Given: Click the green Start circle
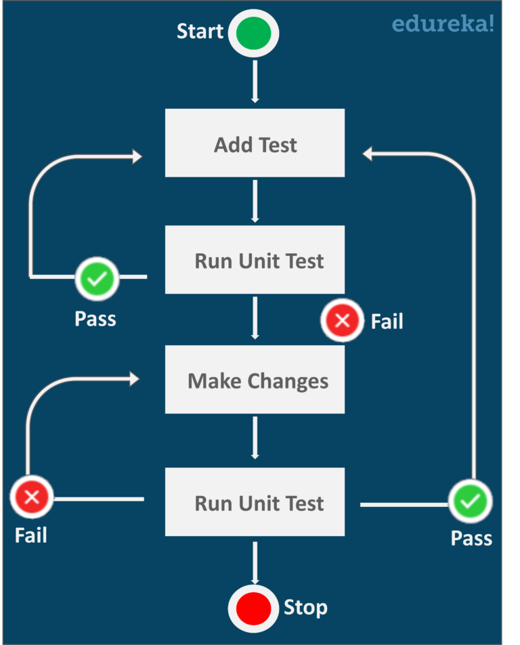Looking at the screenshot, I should coord(254,33).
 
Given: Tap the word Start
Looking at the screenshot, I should coord(200,31).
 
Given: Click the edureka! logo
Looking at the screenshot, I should coord(443,24).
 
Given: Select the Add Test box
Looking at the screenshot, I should coord(255,143).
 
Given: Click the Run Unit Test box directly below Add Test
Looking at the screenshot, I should coord(255,261).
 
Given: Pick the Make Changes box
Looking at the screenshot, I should coord(255,380).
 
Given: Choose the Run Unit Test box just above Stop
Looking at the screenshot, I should coord(255,503).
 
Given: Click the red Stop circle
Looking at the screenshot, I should coord(254,607).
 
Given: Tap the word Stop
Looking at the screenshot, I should coord(305,607).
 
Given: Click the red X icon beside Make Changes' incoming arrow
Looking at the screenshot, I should coord(342,320).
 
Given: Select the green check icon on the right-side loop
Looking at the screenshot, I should coord(471,502).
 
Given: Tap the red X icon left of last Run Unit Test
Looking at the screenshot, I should coord(31,499).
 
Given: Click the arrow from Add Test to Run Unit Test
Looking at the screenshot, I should coord(255,201).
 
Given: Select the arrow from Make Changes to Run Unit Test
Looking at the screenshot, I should coord(255,437).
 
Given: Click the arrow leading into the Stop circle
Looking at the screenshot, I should coord(255,562).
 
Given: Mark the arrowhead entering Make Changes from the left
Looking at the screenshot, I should coord(133,379).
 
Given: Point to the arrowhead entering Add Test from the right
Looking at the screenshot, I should coord(368,154).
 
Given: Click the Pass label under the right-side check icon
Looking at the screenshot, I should coord(471,538).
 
